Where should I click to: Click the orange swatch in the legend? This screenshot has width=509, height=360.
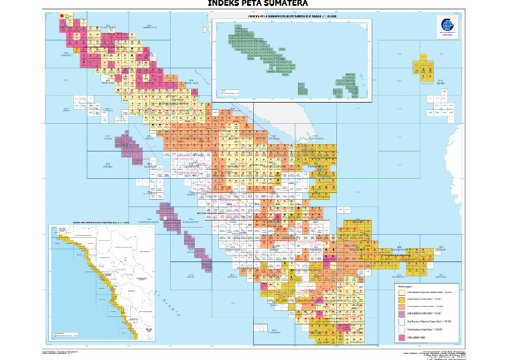(x=401, y=307)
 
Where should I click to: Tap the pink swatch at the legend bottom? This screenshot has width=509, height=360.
(x=401, y=337)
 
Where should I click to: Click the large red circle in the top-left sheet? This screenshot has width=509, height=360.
(x=62, y=15)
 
